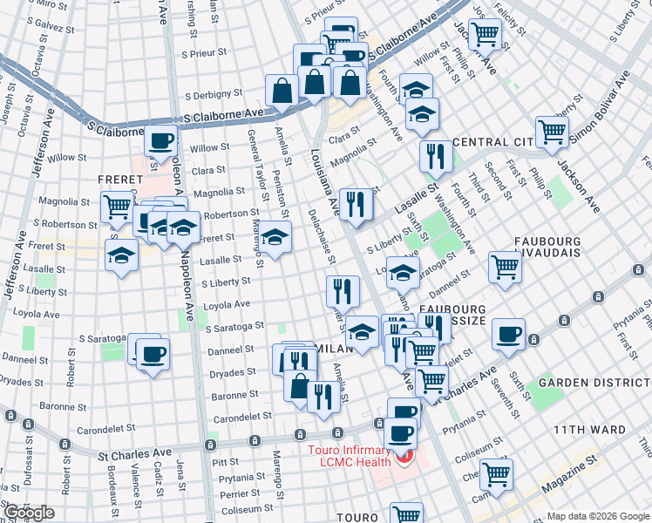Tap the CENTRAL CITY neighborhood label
(498, 142)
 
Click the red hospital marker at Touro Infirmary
(403, 457)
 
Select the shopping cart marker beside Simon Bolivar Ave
(552, 131)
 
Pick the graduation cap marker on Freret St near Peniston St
(275, 237)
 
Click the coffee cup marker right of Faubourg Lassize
(508, 334)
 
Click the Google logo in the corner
(29, 513)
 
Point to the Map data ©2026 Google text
(597, 516)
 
